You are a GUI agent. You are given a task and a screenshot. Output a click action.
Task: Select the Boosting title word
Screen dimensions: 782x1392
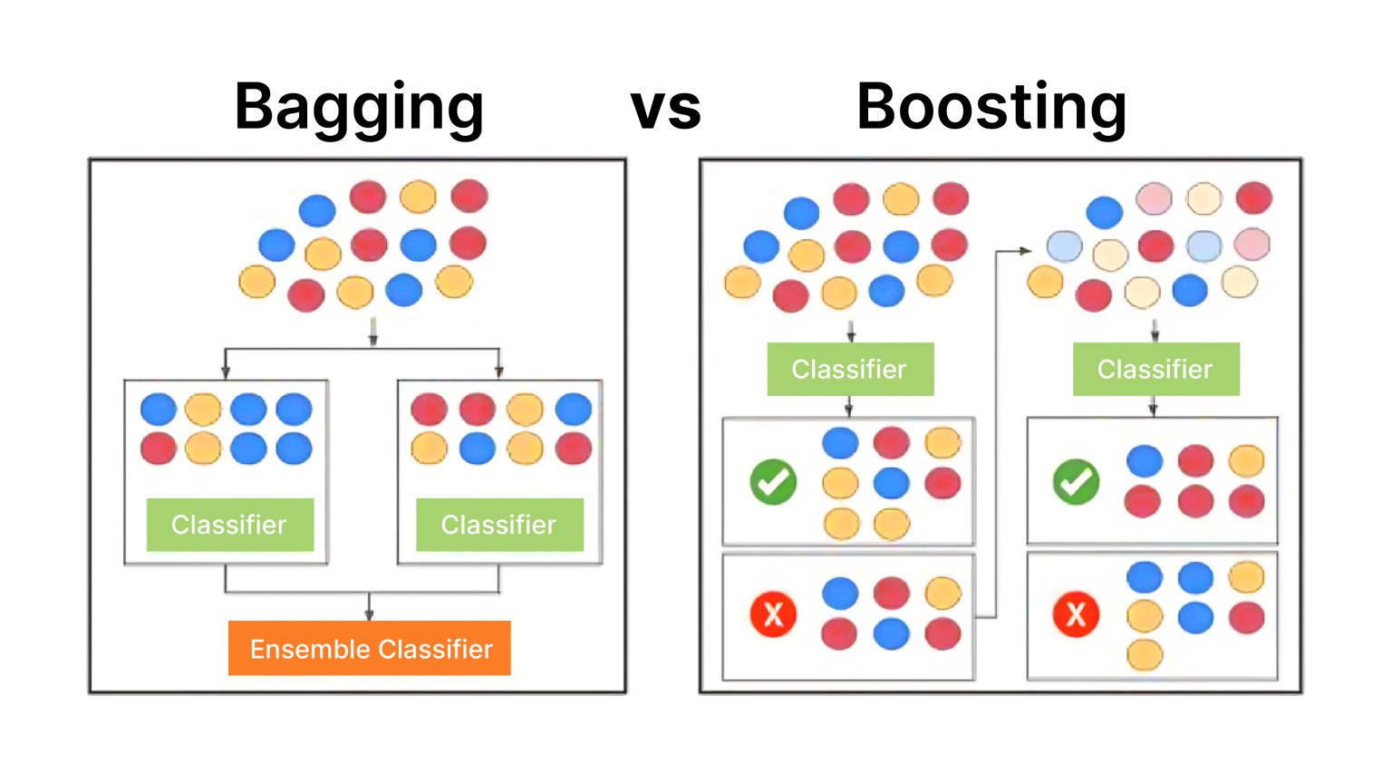click(x=991, y=107)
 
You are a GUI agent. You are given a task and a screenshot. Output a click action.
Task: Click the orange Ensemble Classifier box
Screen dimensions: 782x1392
click(x=370, y=648)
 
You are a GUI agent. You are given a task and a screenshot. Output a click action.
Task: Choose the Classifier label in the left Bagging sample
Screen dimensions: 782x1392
click(x=230, y=525)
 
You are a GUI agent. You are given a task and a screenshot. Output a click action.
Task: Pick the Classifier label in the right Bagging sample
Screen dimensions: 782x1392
click(x=499, y=525)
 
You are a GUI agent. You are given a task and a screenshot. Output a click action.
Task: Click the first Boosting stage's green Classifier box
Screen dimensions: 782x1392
click(x=850, y=369)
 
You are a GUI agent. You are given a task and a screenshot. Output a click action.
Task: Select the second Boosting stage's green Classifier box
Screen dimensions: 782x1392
click(x=1155, y=369)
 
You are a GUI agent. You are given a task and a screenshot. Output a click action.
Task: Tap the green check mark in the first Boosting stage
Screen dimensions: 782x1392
click(x=773, y=481)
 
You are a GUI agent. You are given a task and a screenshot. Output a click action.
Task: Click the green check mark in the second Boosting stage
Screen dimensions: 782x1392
click(x=1076, y=481)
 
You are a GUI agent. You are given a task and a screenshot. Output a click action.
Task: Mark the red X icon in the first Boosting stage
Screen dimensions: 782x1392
click(x=773, y=614)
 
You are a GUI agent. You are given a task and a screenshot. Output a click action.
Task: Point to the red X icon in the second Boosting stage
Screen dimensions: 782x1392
click(x=1076, y=614)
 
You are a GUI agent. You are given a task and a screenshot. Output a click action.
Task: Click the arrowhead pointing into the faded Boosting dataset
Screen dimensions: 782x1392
click(x=1025, y=251)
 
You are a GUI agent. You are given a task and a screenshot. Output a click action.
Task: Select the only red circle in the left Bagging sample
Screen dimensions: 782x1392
click(x=159, y=448)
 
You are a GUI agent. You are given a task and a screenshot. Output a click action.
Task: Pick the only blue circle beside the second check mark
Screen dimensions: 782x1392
click(x=1145, y=460)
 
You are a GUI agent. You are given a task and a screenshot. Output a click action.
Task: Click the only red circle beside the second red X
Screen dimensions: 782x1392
click(x=1247, y=618)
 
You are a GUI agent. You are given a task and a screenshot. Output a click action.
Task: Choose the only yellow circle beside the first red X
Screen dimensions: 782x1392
click(x=942, y=593)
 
